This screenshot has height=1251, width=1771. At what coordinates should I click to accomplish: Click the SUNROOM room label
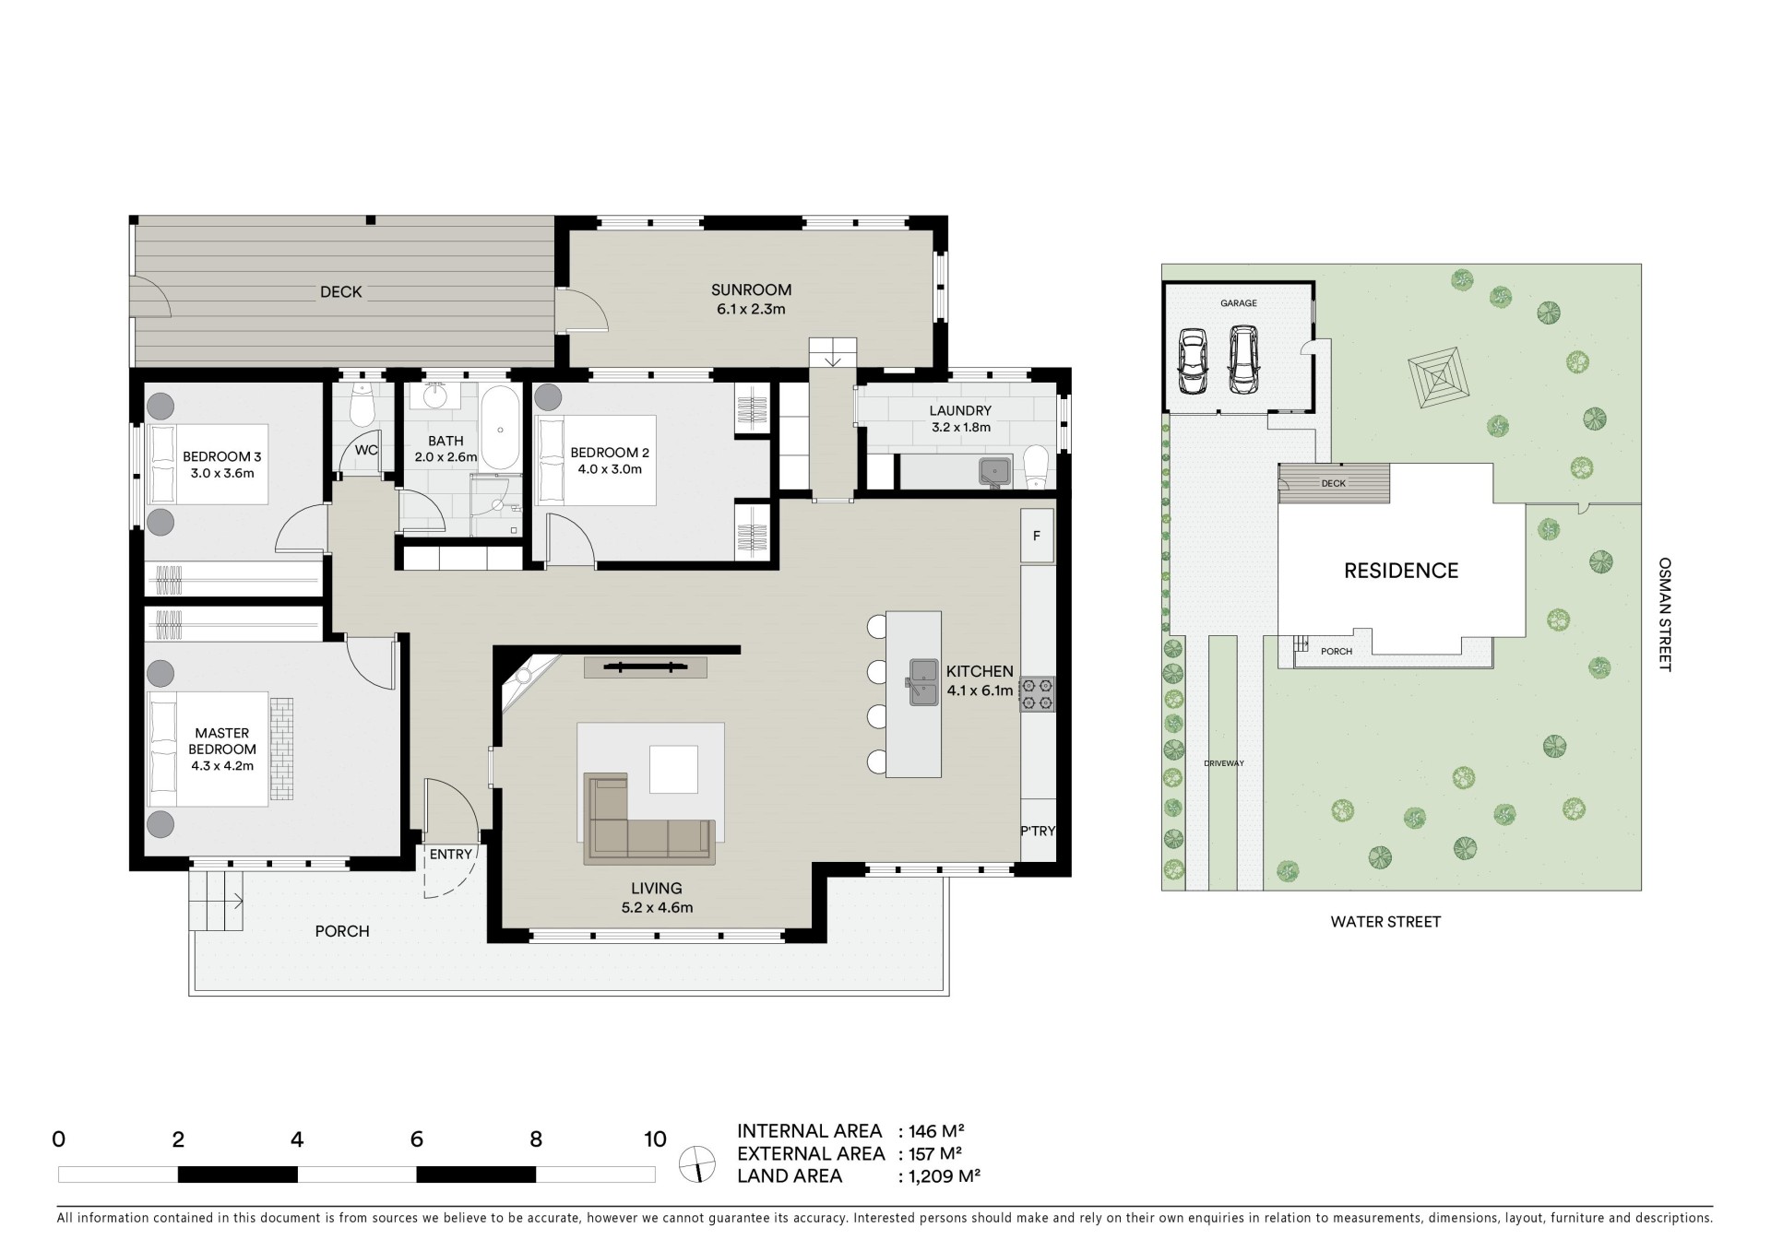click(x=751, y=289)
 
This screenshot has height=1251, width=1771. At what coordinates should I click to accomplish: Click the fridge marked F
click(x=1037, y=536)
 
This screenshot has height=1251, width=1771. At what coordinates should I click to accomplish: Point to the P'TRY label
click(x=1038, y=831)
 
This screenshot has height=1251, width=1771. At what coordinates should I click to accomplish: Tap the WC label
click(x=366, y=450)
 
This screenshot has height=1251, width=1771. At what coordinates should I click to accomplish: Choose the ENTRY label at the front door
click(x=451, y=855)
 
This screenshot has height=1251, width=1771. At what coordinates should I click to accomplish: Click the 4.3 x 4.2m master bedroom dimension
click(x=222, y=765)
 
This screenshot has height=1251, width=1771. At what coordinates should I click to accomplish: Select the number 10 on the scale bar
click(x=655, y=1139)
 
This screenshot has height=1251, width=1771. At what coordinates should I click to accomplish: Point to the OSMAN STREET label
click(x=1664, y=614)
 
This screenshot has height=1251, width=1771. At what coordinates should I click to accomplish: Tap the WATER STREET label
click(x=1385, y=922)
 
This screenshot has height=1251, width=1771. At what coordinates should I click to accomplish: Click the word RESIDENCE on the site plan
click(x=1401, y=571)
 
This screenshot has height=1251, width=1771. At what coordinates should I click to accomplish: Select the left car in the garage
click(x=1192, y=362)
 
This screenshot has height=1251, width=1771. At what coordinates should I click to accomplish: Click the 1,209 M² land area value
click(x=944, y=1176)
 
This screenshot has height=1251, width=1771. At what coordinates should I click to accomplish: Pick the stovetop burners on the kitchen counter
click(x=1037, y=694)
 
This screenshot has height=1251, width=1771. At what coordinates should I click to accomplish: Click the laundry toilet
click(x=1037, y=466)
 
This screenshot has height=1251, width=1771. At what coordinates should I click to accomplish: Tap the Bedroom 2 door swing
click(x=570, y=539)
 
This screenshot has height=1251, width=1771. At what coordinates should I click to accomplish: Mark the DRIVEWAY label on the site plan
click(x=1224, y=763)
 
